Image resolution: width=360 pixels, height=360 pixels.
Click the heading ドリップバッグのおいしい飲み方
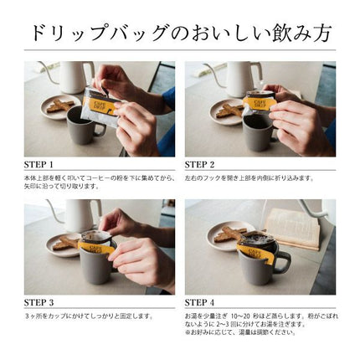(180, 33)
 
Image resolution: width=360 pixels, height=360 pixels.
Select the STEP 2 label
(200, 164)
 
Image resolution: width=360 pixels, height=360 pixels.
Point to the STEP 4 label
(200, 301)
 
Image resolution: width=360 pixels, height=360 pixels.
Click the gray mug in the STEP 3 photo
(95, 264)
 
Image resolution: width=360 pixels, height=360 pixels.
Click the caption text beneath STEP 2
(249, 178)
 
